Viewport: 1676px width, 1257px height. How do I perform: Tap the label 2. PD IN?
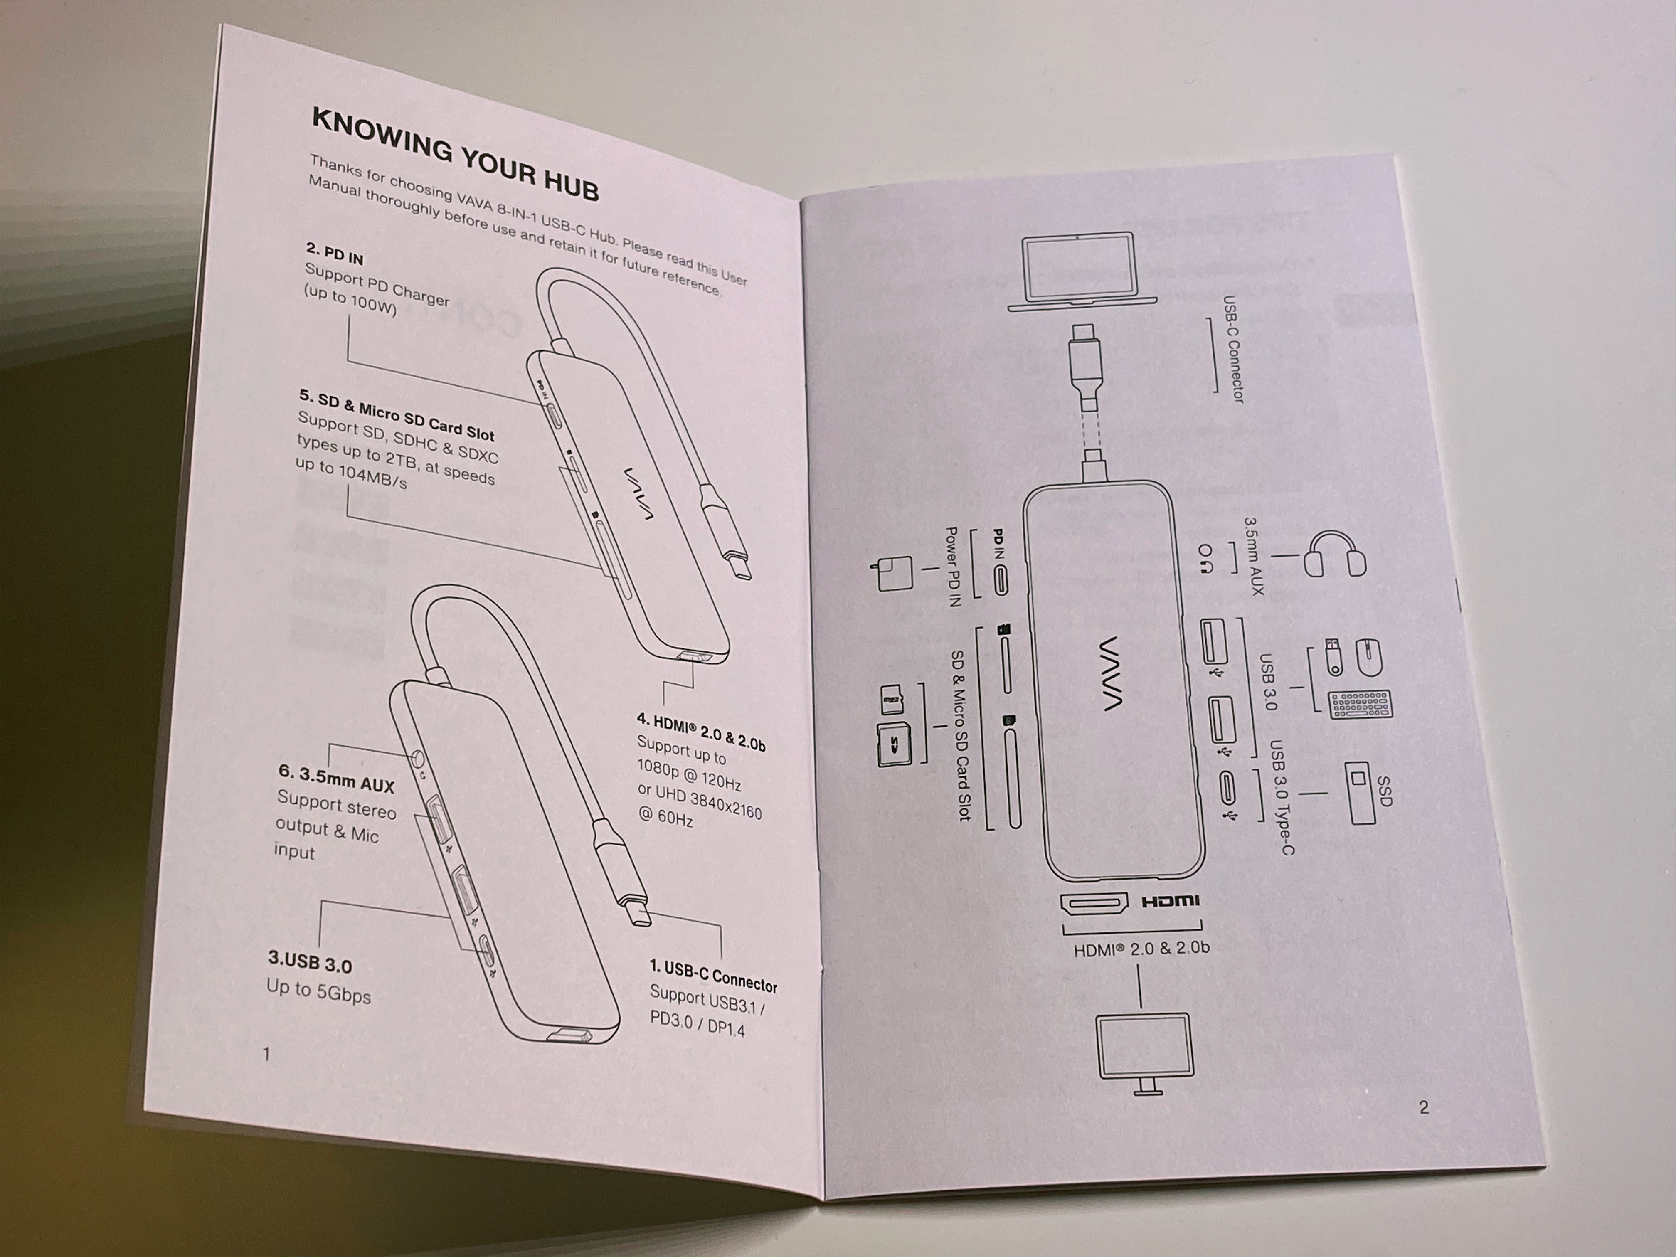334,254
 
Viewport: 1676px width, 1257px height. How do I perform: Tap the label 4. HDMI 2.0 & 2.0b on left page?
701,732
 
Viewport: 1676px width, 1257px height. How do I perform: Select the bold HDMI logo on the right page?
1170,901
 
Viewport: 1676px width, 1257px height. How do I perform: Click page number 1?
266,1053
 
